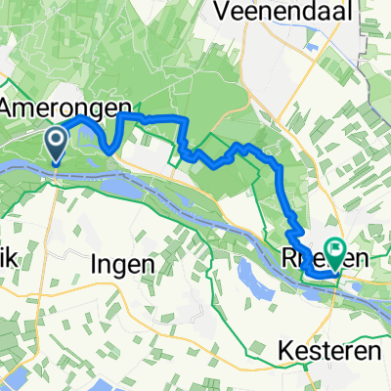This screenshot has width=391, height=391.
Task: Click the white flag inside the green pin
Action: [x=335, y=251]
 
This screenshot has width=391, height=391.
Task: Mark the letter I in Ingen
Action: [x=95, y=263]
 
